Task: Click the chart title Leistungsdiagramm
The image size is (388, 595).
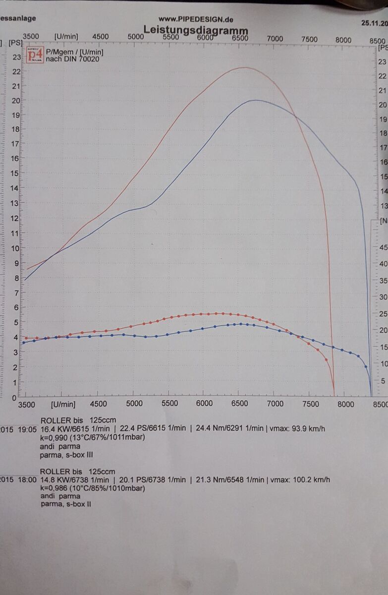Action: point(196,30)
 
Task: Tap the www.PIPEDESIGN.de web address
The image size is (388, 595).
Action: point(196,19)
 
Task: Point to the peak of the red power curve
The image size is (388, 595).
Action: point(244,67)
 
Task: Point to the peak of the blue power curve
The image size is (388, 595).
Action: point(255,100)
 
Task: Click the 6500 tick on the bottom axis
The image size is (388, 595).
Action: point(240,404)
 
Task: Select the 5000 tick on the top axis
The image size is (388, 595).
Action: point(136,37)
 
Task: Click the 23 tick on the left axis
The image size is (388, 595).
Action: point(17,57)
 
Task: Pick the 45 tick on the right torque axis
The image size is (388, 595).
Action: point(383,247)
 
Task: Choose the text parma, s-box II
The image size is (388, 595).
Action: point(65,505)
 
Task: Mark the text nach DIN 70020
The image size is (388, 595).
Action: point(72,59)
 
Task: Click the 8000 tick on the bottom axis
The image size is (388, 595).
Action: point(345,404)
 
